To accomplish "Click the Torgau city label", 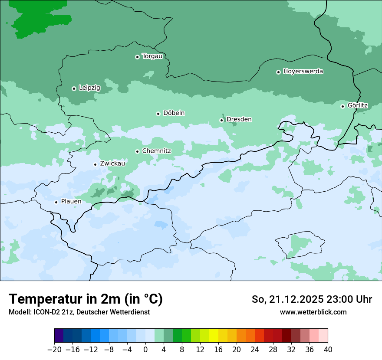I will (x=152, y=56).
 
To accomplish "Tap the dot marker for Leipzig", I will (x=74, y=88).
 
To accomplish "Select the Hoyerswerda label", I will (x=303, y=72).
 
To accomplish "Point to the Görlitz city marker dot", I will (x=342, y=106).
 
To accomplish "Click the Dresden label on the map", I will (x=239, y=119).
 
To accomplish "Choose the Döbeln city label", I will (x=174, y=113).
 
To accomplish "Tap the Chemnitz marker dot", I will (x=137, y=151).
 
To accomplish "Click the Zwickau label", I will (x=112, y=164).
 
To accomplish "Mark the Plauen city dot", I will (x=56, y=202).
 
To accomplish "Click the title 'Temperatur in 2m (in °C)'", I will (x=86, y=299).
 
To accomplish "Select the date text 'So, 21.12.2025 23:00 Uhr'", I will (x=312, y=299).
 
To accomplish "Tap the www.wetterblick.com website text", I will (x=313, y=312).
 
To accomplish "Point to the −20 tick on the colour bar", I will (x=54, y=350).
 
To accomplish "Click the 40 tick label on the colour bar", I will (x=328, y=350).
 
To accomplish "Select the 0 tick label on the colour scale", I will (x=145, y=350).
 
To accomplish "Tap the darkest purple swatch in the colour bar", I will (x=59, y=336).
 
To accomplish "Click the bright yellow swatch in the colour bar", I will (x=214, y=336).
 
